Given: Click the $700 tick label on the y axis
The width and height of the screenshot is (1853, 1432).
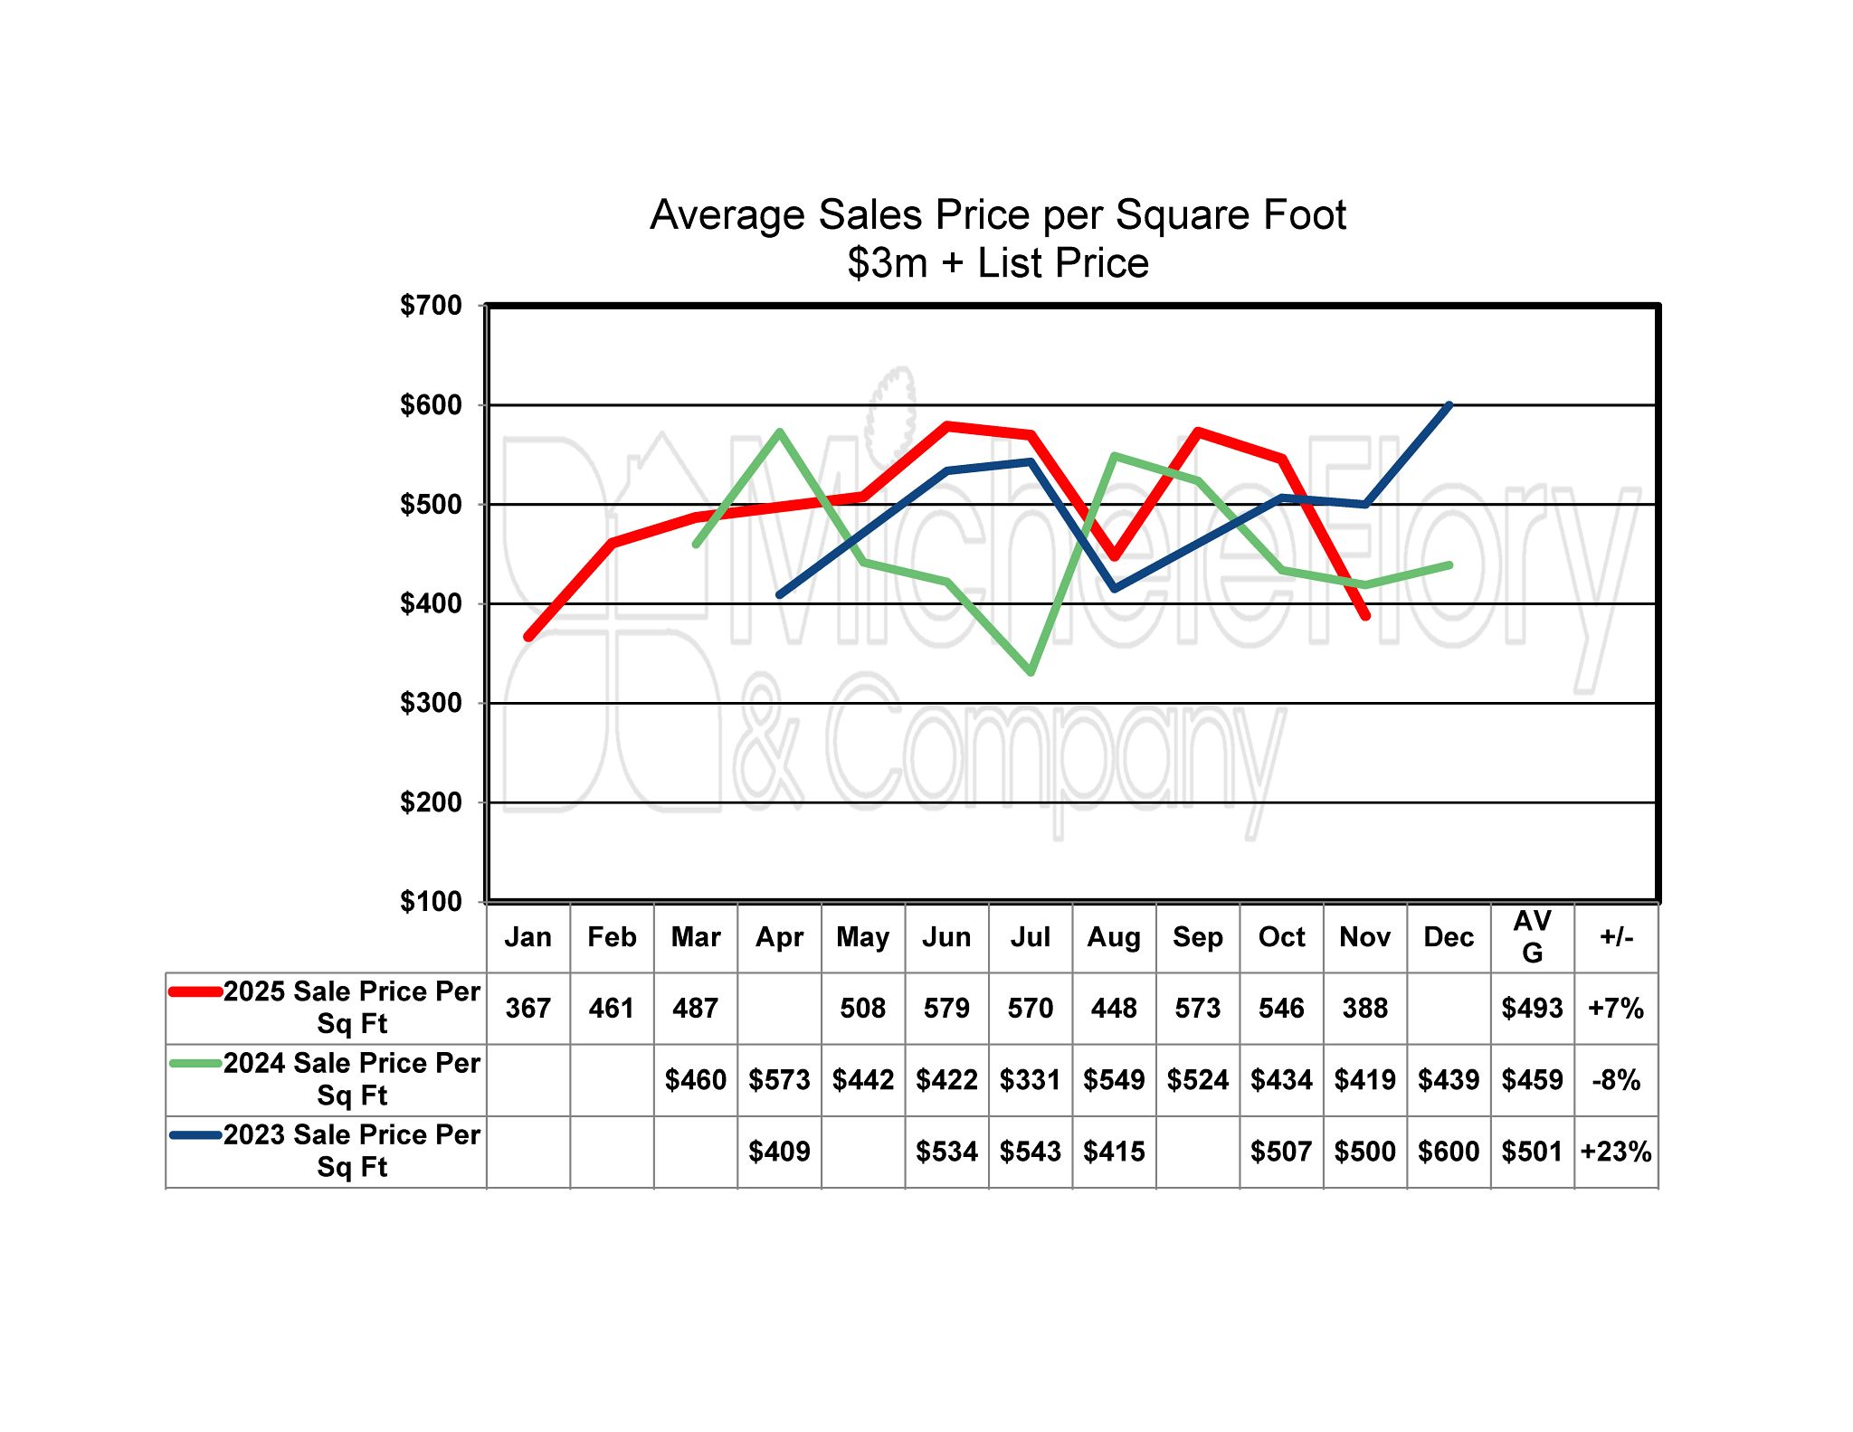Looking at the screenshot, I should pyautogui.click(x=431, y=306).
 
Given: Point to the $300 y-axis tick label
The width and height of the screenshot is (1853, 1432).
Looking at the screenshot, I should pyautogui.click(x=431, y=703).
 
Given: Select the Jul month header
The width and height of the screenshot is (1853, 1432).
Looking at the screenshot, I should pyautogui.click(x=1030, y=937).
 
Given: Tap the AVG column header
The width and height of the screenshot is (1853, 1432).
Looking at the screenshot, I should pyautogui.click(x=1532, y=937).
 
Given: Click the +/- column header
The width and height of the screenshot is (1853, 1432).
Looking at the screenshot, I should pyautogui.click(x=1616, y=937).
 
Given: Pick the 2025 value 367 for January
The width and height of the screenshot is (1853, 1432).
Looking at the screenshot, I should pyautogui.click(x=527, y=1009).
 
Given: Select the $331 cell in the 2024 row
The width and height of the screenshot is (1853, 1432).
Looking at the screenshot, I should pyautogui.click(x=1030, y=1080).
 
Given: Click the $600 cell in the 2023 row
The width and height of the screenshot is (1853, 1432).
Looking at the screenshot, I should pyautogui.click(x=1449, y=1152).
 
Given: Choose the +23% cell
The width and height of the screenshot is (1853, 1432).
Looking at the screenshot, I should pyautogui.click(x=1616, y=1152).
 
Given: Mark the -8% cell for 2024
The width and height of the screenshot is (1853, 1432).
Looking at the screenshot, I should pyautogui.click(x=1616, y=1080).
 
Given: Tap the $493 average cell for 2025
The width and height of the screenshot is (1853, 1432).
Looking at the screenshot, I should pyautogui.click(x=1532, y=1009).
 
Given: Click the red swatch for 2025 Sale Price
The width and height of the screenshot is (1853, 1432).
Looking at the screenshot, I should pyautogui.click(x=195, y=991).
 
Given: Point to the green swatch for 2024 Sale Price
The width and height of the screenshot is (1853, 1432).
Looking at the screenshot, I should pyautogui.click(x=195, y=1063).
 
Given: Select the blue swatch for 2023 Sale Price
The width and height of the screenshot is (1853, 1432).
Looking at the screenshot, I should pyautogui.click(x=195, y=1134).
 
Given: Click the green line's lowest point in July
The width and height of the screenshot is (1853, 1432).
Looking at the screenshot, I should pyautogui.click(x=1031, y=672).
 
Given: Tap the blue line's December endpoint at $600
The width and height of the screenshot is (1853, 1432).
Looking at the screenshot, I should pyautogui.click(x=1449, y=405).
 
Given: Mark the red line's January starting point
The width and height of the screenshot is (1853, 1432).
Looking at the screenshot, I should pyautogui.click(x=528, y=637).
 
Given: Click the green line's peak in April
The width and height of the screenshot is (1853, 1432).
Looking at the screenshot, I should pyautogui.click(x=779, y=432).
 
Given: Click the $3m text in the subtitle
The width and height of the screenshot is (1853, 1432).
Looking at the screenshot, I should pyautogui.click(x=888, y=263).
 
